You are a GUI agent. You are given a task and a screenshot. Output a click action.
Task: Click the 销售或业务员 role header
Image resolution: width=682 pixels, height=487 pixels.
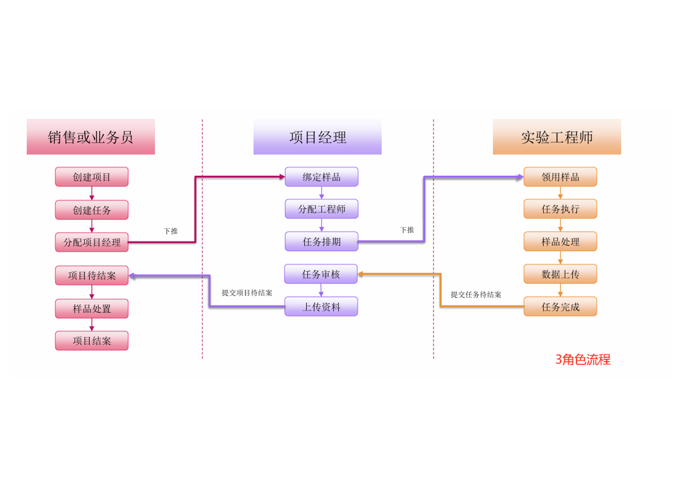(x=91, y=137)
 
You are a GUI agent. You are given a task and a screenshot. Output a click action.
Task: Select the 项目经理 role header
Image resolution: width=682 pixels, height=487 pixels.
(x=317, y=137)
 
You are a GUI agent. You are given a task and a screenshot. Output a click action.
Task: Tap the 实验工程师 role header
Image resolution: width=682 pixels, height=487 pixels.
(x=556, y=137)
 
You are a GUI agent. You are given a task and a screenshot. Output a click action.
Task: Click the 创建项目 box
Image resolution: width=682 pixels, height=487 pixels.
(x=92, y=177)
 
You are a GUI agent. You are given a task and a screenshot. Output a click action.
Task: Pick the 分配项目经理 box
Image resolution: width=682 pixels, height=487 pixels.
(x=92, y=242)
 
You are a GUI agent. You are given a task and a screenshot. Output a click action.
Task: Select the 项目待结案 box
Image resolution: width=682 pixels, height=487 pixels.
(x=92, y=276)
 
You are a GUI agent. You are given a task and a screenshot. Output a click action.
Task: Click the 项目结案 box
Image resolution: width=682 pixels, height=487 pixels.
(x=92, y=341)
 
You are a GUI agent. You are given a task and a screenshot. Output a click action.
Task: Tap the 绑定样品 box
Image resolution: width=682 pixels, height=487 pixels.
(x=321, y=177)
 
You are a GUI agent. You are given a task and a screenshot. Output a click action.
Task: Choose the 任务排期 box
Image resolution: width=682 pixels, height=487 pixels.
(x=321, y=241)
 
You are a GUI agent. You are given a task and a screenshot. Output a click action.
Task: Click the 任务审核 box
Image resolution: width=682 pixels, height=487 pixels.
(x=321, y=274)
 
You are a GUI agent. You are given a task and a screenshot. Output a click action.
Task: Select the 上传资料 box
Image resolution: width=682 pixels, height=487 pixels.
(x=321, y=306)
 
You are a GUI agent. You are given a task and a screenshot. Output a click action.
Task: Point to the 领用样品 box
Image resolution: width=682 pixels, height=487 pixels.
(x=560, y=177)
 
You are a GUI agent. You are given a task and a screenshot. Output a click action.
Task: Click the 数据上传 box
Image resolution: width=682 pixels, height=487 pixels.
(x=560, y=274)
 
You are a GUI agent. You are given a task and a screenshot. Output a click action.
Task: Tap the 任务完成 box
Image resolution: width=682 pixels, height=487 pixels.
(x=560, y=306)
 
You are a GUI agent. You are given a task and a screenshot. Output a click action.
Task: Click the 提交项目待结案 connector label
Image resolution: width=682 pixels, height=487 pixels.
(x=247, y=293)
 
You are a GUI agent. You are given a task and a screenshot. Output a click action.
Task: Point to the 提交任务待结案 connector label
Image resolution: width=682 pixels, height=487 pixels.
(x=476, y=295)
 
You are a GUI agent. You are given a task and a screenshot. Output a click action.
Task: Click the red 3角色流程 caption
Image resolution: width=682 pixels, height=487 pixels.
(x=583, y=359)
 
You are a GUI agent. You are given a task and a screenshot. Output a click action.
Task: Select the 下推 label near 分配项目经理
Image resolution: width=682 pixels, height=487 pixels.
(x=171, y=231)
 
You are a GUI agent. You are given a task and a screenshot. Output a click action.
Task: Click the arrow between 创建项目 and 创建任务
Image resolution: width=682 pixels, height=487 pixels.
(x=92, y=193)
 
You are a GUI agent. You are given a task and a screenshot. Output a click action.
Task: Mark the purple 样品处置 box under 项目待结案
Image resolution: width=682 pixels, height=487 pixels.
(x=92, y=309)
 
